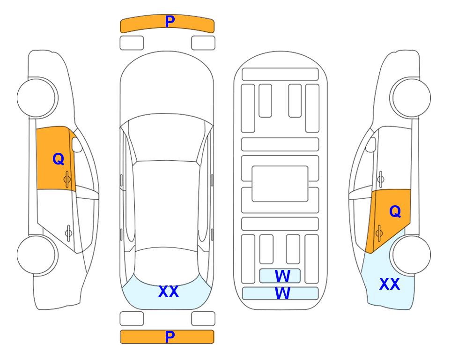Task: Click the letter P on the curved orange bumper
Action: coord(170,22)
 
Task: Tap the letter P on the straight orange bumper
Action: coord(170,337)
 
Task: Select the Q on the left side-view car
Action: coord(59,159)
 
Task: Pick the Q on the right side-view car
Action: coord(395,212)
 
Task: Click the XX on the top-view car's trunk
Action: coord(169,292)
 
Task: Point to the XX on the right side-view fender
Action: coord(390,284)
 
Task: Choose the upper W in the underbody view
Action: coord(282,276)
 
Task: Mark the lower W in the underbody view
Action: coord(282,293)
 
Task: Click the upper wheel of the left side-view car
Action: coord(37,97)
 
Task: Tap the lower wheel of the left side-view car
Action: coord(37,255)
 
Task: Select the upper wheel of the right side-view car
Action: coord(410,97)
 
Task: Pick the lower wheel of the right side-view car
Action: coord(410,255)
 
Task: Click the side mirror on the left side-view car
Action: coord(77,144)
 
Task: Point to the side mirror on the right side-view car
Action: coord(371,144)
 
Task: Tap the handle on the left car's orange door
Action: coord(67,179)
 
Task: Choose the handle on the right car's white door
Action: coord(381,179)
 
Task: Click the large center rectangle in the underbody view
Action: coord(280,184)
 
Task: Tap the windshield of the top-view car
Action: coord(166,138)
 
